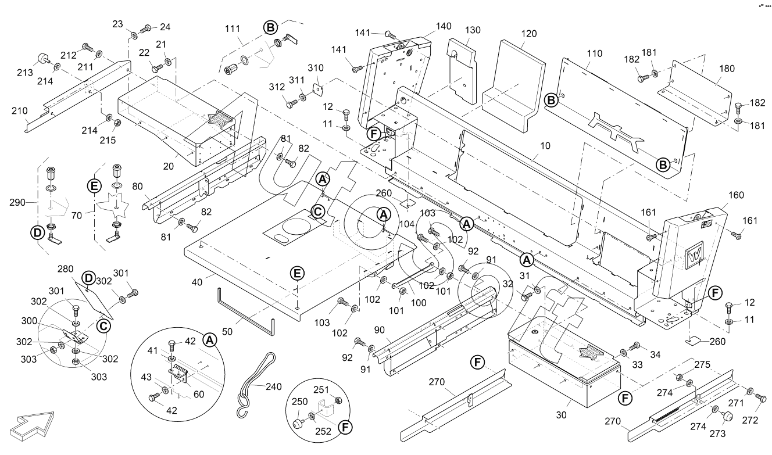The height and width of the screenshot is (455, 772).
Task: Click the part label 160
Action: (735, 195)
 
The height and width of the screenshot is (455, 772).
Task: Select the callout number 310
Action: (316, 68)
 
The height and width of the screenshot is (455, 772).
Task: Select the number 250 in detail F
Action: (300, 402)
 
